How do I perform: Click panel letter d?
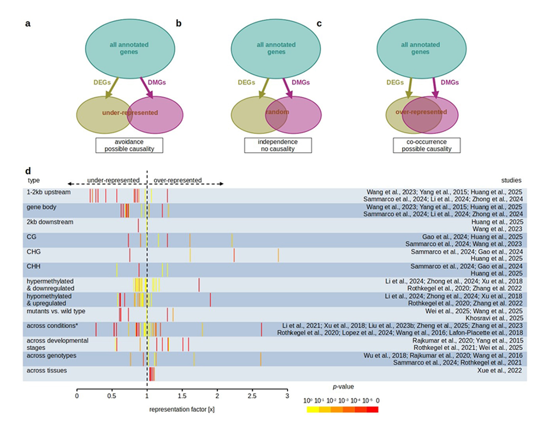(28, 171)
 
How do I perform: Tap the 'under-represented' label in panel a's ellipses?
(130, 112)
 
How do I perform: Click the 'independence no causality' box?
(278, 145)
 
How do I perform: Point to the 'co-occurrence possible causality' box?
(426, 145)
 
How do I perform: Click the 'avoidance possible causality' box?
(129, 145)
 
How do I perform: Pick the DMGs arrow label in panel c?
(449, 82)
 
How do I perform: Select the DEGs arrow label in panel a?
(101, 82)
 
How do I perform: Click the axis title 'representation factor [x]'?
(182, 410)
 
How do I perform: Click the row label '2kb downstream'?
(50, 222)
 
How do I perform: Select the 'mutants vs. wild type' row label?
(56, 311)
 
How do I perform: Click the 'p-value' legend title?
(343, 387)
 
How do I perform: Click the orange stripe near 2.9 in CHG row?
(278, 255)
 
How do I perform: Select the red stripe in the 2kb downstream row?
(138, 225)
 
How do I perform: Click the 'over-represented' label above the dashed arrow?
(178, 180)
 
